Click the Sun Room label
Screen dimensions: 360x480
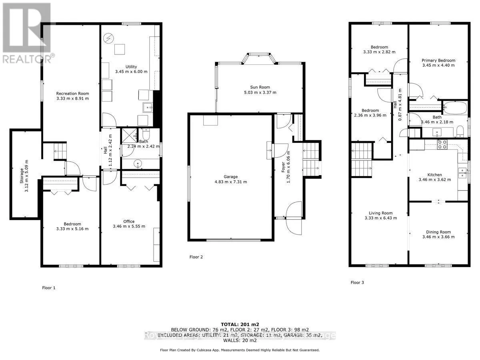(x=260, y=87)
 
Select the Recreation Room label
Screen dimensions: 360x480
(x=72, y=93)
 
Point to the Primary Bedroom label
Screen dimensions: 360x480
(x=438, y=60)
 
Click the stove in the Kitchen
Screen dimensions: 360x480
(x=442, y=144)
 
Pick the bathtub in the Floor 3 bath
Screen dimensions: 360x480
(x=455, y=108)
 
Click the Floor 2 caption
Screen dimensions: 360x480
(x=196, y=257)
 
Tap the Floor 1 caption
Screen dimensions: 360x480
(x=49, y=288)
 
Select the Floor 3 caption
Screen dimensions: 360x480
(x=357, y=282)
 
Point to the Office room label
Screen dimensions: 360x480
(x=129, y=221)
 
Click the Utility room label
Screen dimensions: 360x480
(x=131, y=67)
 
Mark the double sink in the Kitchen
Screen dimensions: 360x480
(x=462, y=172)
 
